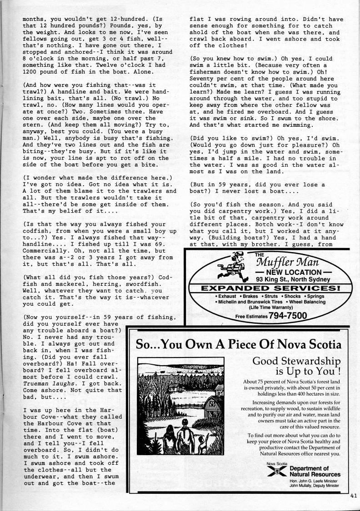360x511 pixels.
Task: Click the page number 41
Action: point(354,496)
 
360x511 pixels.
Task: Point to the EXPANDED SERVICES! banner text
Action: point(271,288)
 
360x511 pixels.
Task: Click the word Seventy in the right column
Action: point(205,85)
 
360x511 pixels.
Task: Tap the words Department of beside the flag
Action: point(309,468)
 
